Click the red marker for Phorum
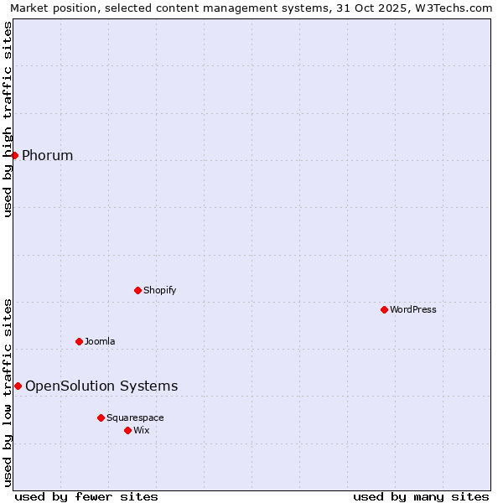(x=14, y=155)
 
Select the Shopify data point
(x=137, y=290)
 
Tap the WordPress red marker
(x=384, y=309)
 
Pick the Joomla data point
(x=79, y=341)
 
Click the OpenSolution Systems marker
(x=18, y=386)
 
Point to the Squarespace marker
(x=101, y=417)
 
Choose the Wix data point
(x=127, y=430)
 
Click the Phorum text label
(x=47, y=155)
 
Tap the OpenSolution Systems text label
(x=101, y=386)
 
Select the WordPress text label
(x=413, y=309)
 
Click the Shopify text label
(x=159, y=290)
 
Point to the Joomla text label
(x=100, y=341)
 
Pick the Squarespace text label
(x=135, y=417)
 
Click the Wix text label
(x=142, y=430)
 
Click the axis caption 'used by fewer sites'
(x=86, y=496)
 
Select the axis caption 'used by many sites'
(x=421, y=496)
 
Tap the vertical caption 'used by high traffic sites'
(x=8, y=119)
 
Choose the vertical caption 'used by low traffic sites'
(x=8, y=392)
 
